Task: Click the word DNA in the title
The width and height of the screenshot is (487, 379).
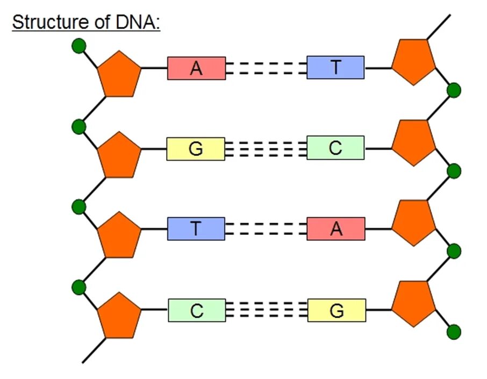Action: (x=136, y=23)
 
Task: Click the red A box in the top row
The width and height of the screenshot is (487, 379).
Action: (x=196, y=68)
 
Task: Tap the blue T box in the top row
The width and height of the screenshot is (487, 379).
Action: (x=335, y=68)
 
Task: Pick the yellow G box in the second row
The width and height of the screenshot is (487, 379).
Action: (x=196, y=149)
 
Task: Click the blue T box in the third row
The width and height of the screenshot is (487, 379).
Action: (x=196, y=229)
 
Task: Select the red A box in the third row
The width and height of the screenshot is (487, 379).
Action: (x=336, y=229)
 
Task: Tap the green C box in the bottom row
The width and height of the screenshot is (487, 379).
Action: (x=197, y=310)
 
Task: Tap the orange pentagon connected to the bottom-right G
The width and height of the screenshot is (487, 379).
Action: (x=413, y=303)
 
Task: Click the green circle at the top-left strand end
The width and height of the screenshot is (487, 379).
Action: (x=79, y=46)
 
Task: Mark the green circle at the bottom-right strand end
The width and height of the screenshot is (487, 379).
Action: (x=454, y=332)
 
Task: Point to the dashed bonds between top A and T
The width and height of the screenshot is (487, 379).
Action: (x=266, y=68)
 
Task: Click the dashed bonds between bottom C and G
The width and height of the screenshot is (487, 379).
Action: (x=266, y=310)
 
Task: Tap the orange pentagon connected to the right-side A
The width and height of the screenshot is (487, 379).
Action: (x=413, y=223)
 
